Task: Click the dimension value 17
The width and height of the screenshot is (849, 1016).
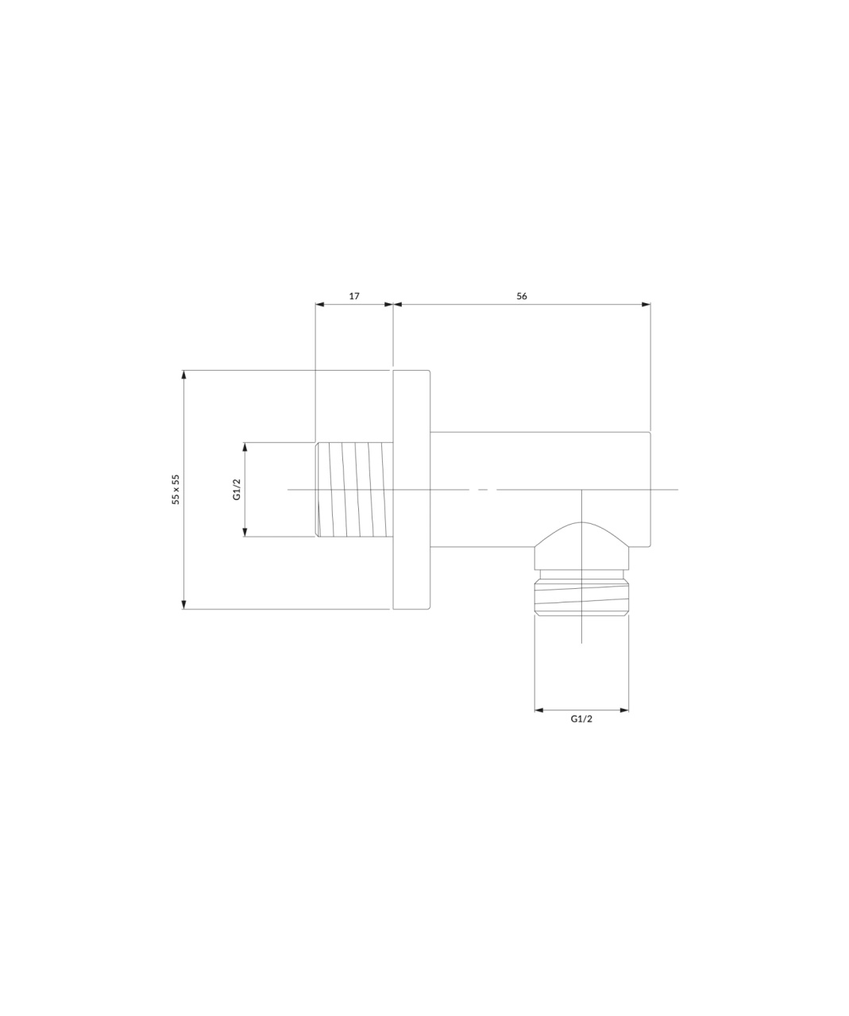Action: point(354,296)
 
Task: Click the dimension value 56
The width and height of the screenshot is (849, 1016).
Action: point(521,296)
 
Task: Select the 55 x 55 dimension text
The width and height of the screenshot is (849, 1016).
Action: point(176,489)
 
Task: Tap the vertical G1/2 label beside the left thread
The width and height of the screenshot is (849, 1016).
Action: point(237,489)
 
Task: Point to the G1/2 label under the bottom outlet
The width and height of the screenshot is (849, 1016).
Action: point(581,719)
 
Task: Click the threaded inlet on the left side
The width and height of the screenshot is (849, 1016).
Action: point(354,490)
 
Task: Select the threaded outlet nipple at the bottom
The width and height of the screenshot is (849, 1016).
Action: point(581,596)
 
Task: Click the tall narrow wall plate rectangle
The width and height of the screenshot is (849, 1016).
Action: point(411,490)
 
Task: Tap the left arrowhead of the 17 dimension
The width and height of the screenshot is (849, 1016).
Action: point(319,305)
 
